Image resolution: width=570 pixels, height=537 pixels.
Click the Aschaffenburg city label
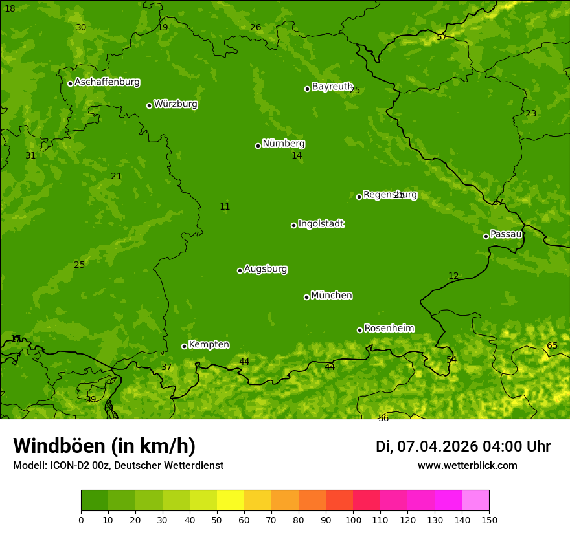click(107, 82)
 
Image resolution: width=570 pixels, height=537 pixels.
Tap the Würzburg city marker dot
click(149, 105)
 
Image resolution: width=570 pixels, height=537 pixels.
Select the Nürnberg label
click(283, 144)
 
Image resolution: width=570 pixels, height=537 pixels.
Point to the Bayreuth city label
click(332, 87)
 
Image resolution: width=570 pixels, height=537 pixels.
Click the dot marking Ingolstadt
click(293, 225)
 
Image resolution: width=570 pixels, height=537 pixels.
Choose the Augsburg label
click(265, 269)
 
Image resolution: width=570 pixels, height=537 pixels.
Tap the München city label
click(331, 296)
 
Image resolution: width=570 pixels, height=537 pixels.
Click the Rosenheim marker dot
click(359, 330)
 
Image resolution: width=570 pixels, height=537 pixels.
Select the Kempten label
click(209, 345)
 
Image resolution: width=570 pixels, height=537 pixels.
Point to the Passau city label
click(505, 234)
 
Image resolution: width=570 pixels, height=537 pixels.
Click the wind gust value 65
click(552, 345)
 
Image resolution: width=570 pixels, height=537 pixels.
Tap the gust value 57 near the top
click(442, 37)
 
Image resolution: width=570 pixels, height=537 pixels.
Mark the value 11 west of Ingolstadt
click(225, 206)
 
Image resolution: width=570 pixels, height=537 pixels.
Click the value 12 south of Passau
click(453, 276)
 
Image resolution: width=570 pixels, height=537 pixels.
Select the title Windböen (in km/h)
click(104, 446)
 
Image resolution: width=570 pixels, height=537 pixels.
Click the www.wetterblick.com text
click(467, 466)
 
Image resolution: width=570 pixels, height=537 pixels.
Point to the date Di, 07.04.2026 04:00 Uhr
click(462, 446)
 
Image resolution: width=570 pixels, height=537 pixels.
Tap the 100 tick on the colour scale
click(353, 520)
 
